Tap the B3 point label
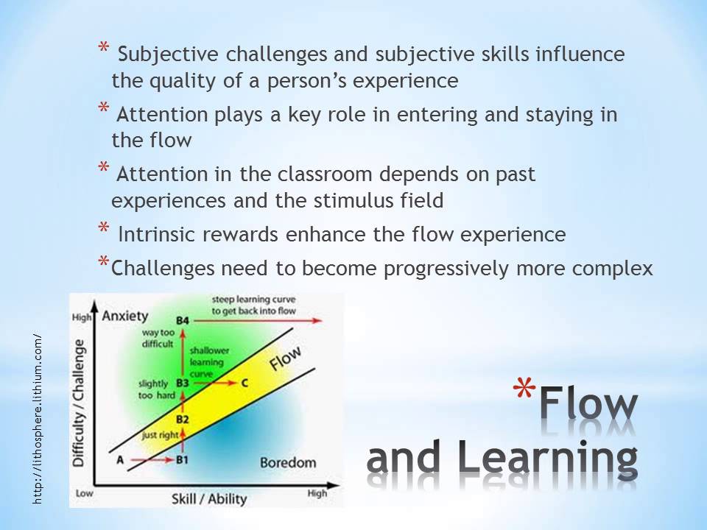pos(184,383)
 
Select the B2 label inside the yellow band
pos(183,420)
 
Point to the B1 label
pos(184,461)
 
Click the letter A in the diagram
pos(119,460)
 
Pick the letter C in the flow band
pos(245,383)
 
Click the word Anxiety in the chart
pos(125,317)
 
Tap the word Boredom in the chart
pos(288,462)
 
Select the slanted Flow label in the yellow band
pos(286,360)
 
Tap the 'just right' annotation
pos(159,434)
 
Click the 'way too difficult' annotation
pos(158,338)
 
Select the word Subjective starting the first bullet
pos(164,54)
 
